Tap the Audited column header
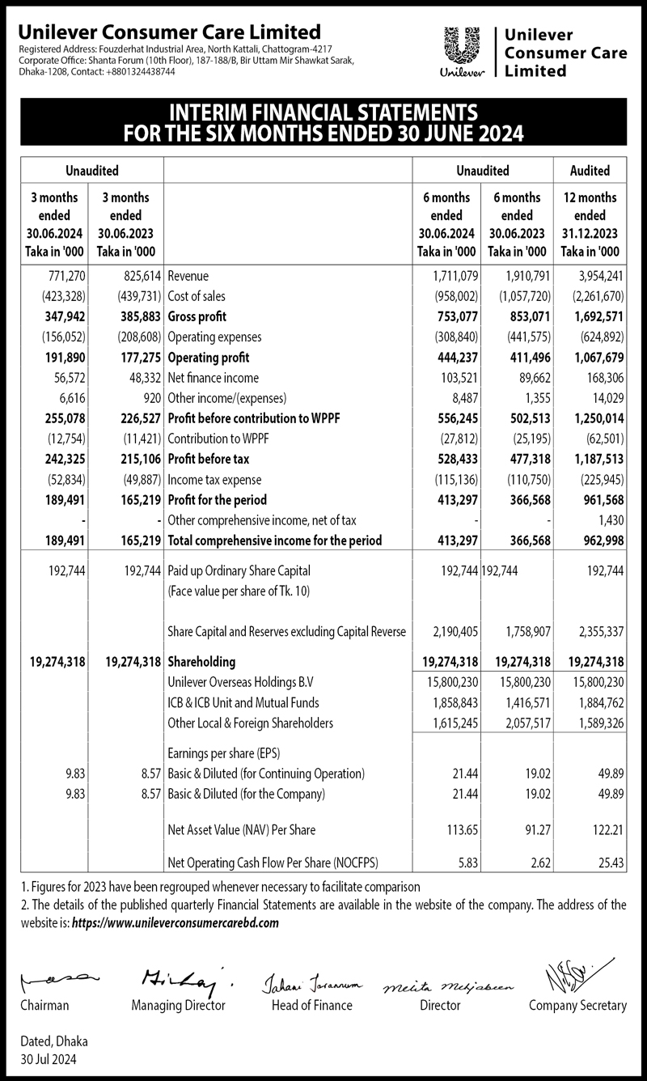click(590, 171)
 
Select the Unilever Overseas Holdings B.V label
click(235, 681)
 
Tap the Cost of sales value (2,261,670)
click(594, 297)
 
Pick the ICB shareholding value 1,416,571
click(517, 702)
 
